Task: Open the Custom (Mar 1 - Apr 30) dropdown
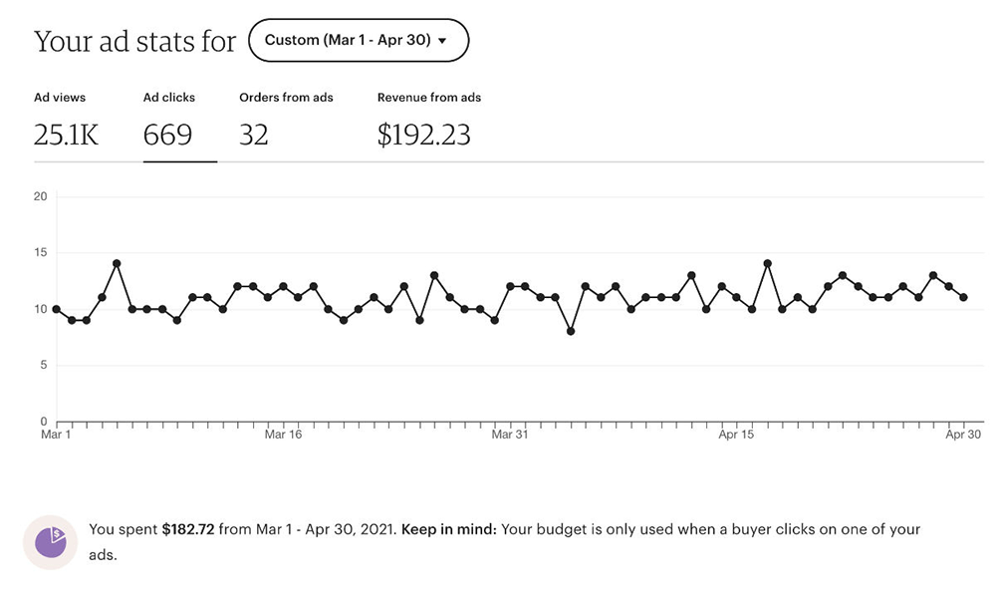359,41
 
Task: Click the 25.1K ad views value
67,135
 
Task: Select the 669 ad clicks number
167,135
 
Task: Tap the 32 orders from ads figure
254,135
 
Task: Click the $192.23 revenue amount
423,135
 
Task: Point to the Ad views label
60,98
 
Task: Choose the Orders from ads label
286,98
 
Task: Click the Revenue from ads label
429,98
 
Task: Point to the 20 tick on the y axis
41,196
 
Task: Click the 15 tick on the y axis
41,253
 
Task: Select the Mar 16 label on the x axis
283,435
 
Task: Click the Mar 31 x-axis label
509,435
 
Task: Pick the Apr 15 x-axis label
736,435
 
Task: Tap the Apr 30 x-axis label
963,435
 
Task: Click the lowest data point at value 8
571,331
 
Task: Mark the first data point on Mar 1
56,309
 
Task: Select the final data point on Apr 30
963,297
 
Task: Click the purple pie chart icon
50,541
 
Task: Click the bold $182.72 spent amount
188,530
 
